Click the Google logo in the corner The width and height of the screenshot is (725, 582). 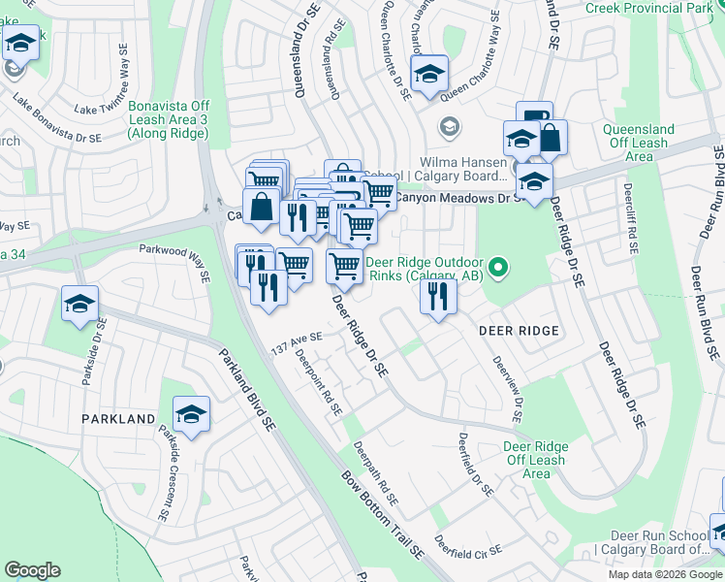point(32,570)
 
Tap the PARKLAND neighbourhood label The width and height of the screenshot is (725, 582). point(118,419)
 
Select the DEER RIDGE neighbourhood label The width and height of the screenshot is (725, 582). point(520,331)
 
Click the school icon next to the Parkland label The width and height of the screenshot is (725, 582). point(192,414)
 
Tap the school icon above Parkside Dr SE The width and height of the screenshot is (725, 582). point(79,304)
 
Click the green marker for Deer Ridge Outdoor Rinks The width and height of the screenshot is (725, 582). point(498,265)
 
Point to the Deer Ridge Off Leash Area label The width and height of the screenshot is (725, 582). point(536,460)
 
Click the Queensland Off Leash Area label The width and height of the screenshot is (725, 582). point(639,143)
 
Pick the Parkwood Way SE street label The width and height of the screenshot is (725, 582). point(174,262)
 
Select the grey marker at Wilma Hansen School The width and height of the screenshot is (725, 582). point(450,126)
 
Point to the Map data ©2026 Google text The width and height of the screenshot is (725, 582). point(666,574)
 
